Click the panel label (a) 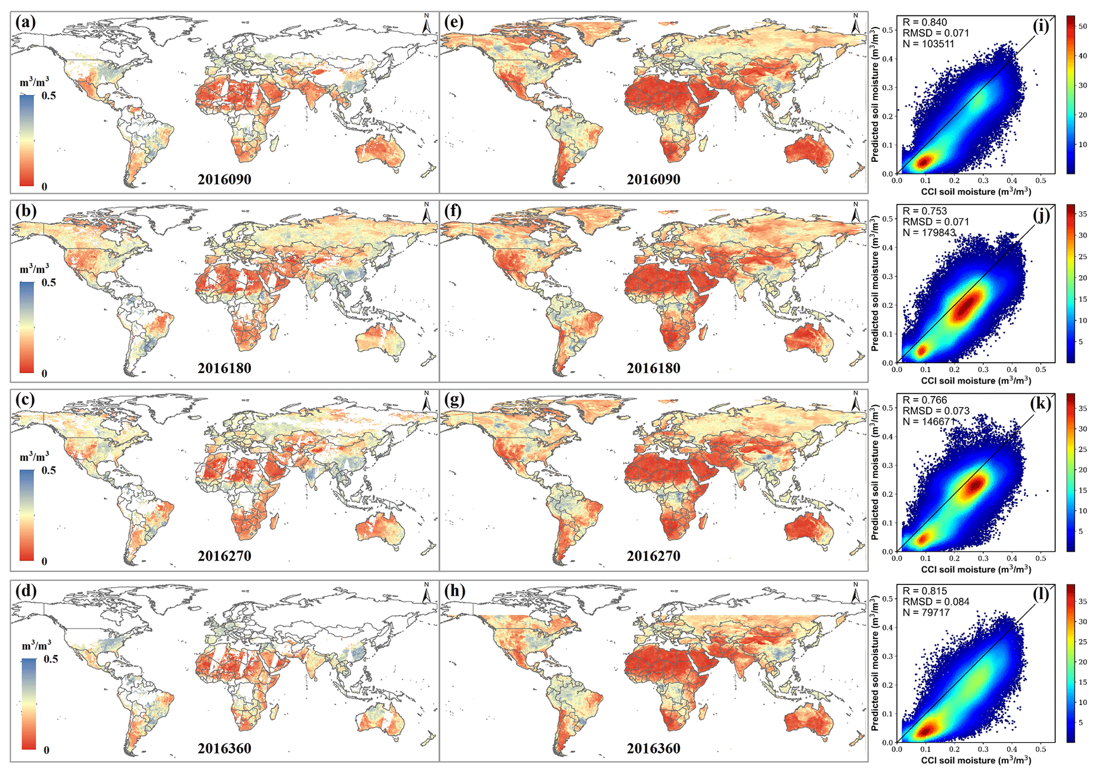25,22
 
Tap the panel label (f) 454,211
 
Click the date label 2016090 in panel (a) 224,179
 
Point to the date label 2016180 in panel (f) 653,368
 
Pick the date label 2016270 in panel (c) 224,556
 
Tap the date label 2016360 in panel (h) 653,748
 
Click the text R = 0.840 925,22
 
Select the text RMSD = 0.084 936,602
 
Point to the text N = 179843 929,232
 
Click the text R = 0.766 925,400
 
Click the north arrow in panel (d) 426,593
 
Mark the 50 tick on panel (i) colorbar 1082,26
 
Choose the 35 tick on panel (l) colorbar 1082,601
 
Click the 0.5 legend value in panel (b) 49,282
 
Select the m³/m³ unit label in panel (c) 34,457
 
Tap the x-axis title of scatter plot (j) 976,381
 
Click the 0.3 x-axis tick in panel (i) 983,180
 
